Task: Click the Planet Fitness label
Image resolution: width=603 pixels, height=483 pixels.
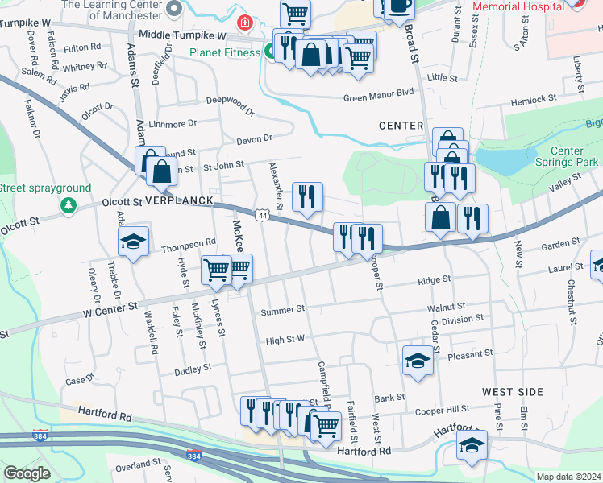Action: point(224,52)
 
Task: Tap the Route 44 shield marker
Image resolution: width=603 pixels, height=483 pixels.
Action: point(262,215)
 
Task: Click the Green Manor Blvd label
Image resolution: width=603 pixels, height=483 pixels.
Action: point(378,93)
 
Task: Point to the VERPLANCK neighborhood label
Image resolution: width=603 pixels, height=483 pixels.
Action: point(179,199)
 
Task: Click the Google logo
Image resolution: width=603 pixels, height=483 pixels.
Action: point(27,473)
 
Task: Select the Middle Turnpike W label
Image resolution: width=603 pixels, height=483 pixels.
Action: point(182,35)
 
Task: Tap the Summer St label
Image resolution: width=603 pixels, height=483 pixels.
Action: point(283,308)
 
